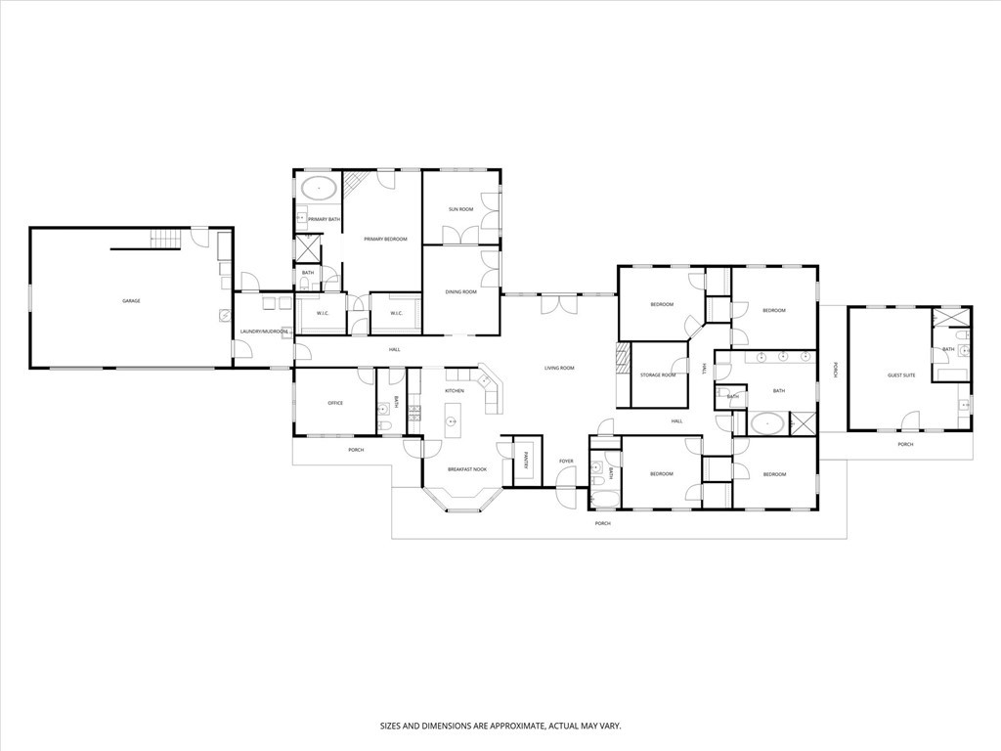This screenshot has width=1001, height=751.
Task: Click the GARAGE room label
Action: pos(131,301)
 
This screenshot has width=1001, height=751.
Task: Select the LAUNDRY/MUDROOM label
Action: pos(264,331)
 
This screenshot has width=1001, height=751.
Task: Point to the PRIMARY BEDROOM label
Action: pos(385,239)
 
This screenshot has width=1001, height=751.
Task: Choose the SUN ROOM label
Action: pos(460,209)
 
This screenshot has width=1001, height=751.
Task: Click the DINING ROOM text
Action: pos(460,291)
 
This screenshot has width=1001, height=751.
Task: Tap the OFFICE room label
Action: pos(334,403)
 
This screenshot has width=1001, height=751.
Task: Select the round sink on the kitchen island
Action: pos(453,422)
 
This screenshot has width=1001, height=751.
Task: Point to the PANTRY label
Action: pos(525,460)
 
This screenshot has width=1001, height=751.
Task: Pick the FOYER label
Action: pos(566,461)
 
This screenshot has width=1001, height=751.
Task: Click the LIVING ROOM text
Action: pos(559,368)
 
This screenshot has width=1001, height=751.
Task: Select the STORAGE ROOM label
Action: pos(658,375)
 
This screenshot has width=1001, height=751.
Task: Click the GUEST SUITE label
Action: pos(900,375)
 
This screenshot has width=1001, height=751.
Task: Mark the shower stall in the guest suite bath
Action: pos(950,318)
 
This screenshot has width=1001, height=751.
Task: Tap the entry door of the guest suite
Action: pos(910,427)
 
